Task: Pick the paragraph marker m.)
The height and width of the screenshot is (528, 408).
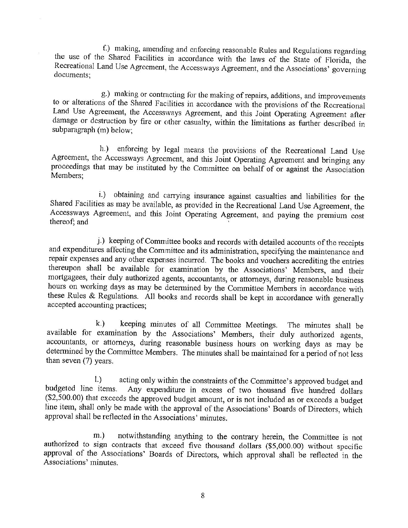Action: [100, 436]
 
